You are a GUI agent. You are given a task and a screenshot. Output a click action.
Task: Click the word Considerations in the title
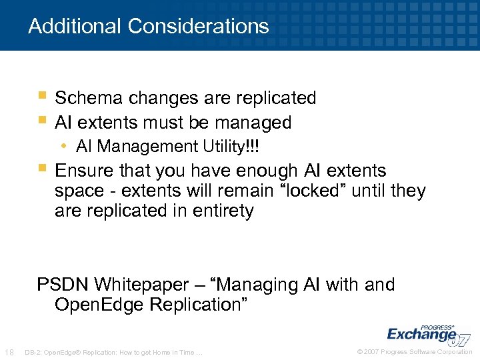(198, 27)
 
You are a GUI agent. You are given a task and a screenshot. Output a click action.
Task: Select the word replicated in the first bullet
(275, 98)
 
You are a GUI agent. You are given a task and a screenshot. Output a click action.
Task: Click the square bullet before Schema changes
(42, 96)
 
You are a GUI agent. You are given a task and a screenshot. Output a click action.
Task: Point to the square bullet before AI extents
(42, 121)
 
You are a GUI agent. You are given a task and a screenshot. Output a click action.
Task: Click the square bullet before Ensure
(42, 169)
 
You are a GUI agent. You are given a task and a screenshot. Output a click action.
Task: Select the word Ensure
(83, 171)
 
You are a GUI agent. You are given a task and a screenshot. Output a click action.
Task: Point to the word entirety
(223, 211)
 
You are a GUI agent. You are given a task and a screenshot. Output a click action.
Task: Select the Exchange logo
(427, 333)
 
